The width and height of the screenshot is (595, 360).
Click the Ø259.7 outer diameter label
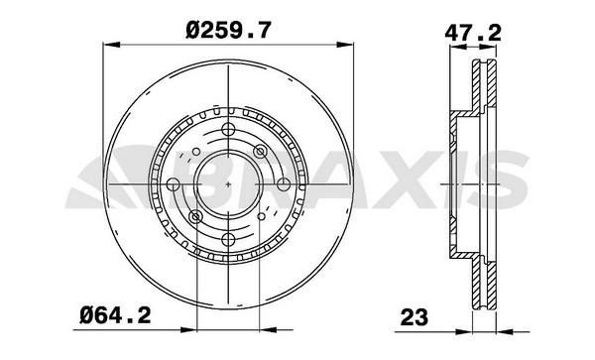[x=228, y=30]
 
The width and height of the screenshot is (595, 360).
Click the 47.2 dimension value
[x=473, y=34]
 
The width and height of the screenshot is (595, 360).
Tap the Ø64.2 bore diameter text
[x=115, y=315]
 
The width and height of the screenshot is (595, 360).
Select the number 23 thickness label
[x=414, y=317]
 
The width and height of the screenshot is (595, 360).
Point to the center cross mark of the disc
[x=228, y=184]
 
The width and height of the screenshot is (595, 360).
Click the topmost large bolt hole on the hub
[x=228, y=130]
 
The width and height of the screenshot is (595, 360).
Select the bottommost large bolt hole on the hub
[x=228, y=239]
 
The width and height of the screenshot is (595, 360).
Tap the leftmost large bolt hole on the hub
[x=173, y=184]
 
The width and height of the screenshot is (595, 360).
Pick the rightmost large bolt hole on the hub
[x=283, y=184]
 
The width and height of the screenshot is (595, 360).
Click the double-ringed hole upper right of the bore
[x=260, y=152]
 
